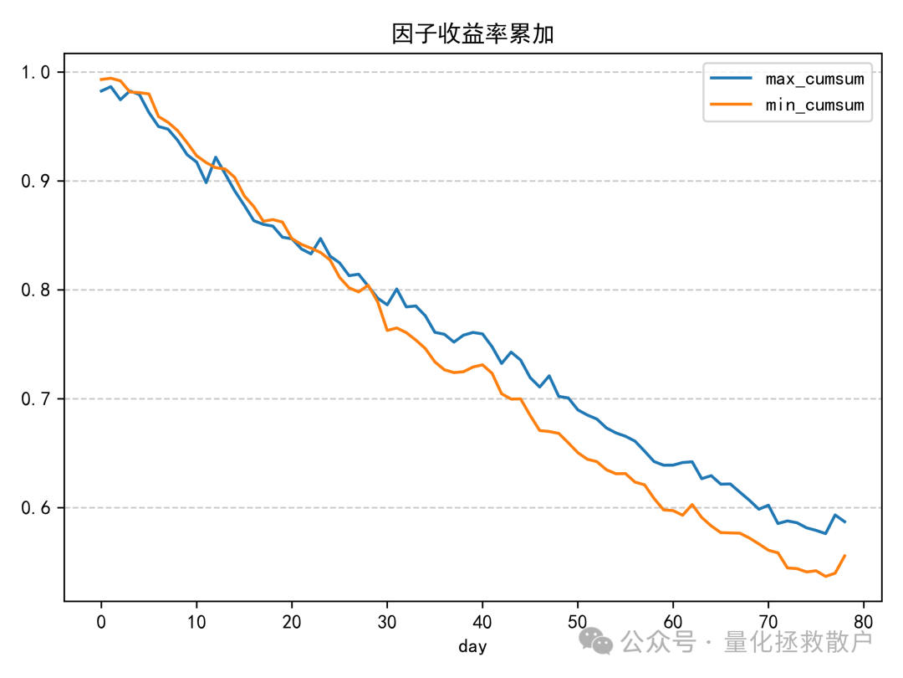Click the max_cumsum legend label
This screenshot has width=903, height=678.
click(814, 80)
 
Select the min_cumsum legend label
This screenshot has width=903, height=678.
click(814, 105)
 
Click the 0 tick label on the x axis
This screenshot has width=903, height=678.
click(101, 622)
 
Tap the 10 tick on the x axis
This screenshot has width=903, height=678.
click(196, 622)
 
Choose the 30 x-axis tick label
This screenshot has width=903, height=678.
click(387, 622)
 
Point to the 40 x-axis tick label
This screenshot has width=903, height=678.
click(482, 622)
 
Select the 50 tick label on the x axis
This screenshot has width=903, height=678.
click(578, 622)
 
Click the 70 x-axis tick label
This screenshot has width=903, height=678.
click(768, 622)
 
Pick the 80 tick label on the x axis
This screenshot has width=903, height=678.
click(864, 622)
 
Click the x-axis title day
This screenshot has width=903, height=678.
click(472, 646)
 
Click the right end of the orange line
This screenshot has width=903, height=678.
click(844, 555)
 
